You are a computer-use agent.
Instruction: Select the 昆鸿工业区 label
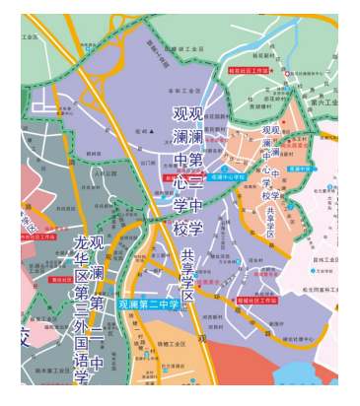(324, 259)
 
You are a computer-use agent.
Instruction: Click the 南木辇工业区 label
(54, 372)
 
